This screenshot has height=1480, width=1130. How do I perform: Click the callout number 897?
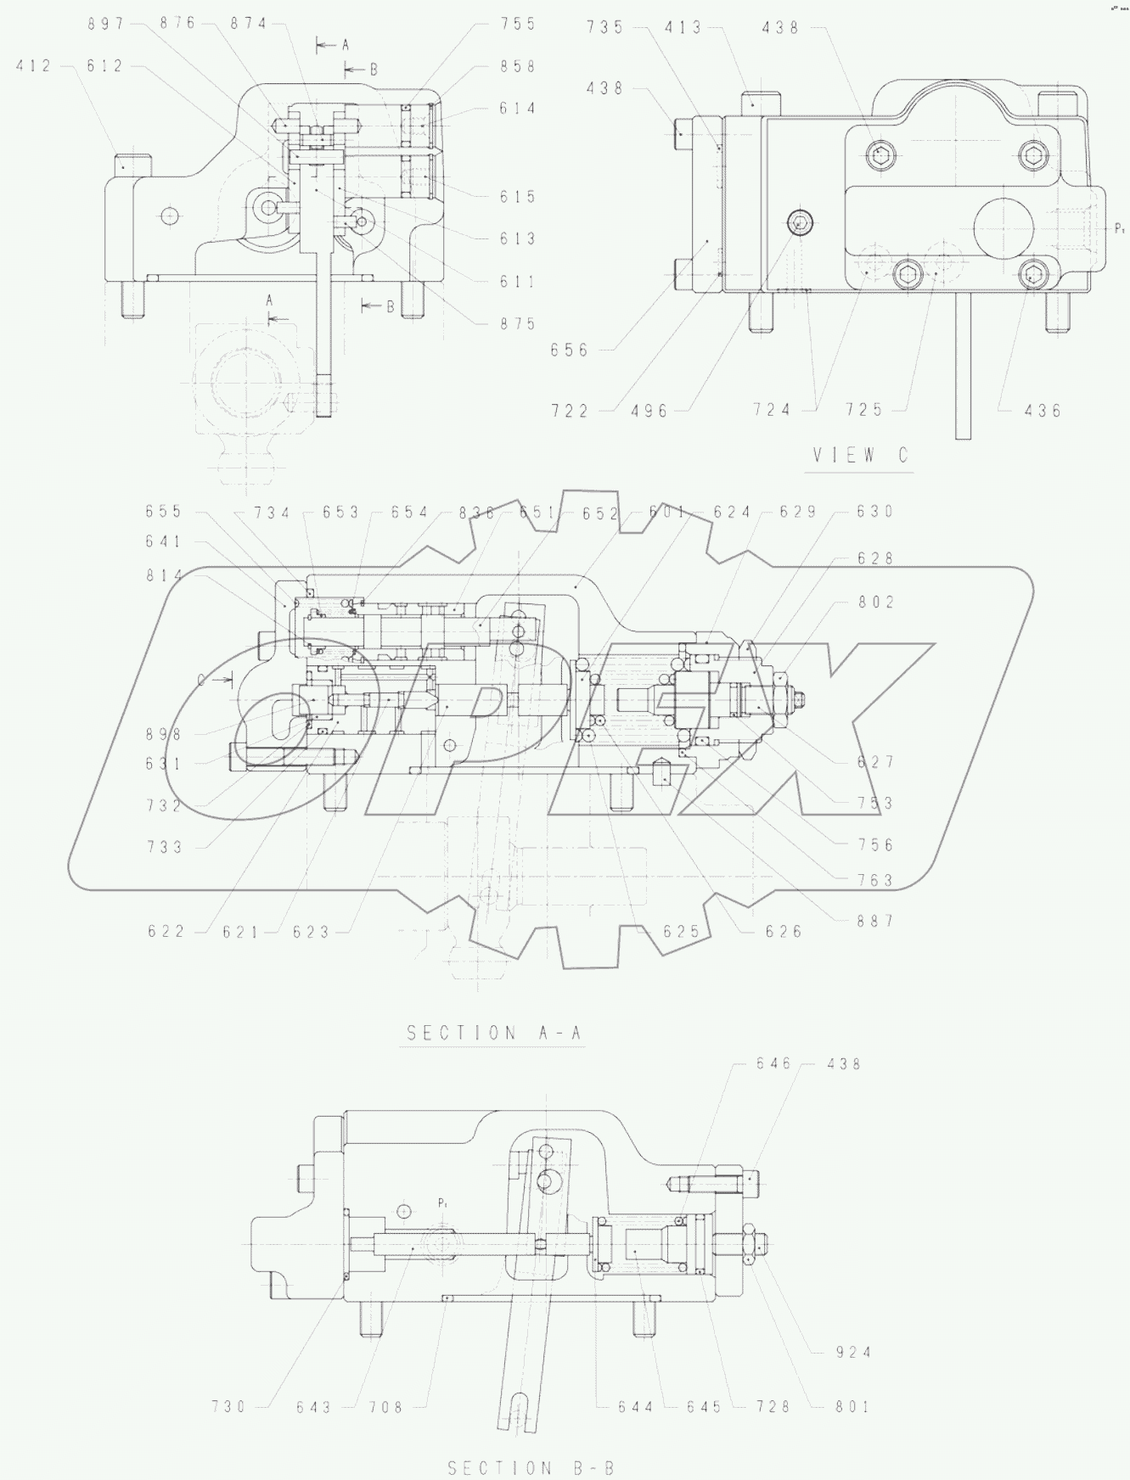coord(106,24)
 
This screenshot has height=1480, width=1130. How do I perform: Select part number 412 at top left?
coord(34,66)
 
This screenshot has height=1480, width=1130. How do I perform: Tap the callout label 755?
coord(518,24)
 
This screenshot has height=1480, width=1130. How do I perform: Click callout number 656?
coord(569,350)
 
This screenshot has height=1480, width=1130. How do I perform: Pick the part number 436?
coord(1043,411)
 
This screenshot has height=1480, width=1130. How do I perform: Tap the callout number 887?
coord(875,921)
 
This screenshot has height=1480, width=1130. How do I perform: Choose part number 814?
coord(164,575)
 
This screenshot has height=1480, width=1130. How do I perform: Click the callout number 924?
coord(852,1353)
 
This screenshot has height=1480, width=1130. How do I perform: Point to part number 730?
coord(229,1407)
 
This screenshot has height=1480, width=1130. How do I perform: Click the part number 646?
coord(774,1063)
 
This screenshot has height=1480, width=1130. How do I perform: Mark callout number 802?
coord(875,603)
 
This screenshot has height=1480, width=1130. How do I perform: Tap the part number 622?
coord(166,932)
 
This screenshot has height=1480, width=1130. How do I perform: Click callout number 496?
coord(650,411)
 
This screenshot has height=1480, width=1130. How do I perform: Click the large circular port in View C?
coord(1004,228)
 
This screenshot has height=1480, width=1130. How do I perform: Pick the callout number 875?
coord(518,323)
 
